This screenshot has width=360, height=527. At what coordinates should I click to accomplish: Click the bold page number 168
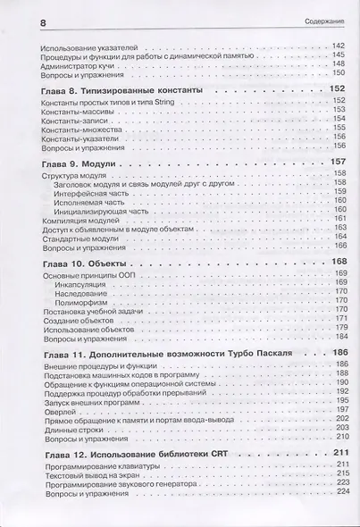click(337, 263)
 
